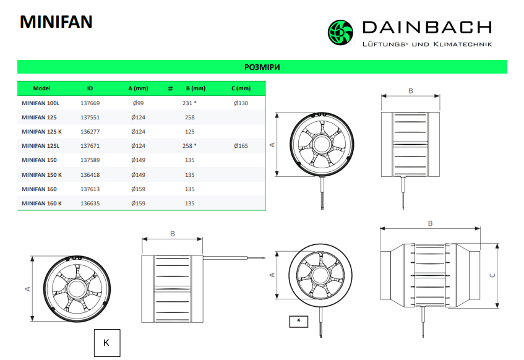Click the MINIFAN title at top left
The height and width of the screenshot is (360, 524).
click(x=56, y=22)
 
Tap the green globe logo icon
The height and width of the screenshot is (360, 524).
click(x=340, y=32)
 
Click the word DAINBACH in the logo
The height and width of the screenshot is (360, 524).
click(x=427, y=27)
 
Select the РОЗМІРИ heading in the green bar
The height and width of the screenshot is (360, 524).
click(x=262, y=67)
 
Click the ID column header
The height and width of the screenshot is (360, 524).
click(x=90, y=88)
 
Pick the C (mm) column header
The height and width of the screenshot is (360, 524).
click(x=241, y=88)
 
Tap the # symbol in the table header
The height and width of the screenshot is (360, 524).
click(x=170, y=88)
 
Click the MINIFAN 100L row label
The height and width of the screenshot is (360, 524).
click(x=40, y=103)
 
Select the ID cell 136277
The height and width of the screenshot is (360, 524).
click(x=90, y=132)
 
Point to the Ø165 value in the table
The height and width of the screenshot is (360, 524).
click(x=241, y=146)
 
